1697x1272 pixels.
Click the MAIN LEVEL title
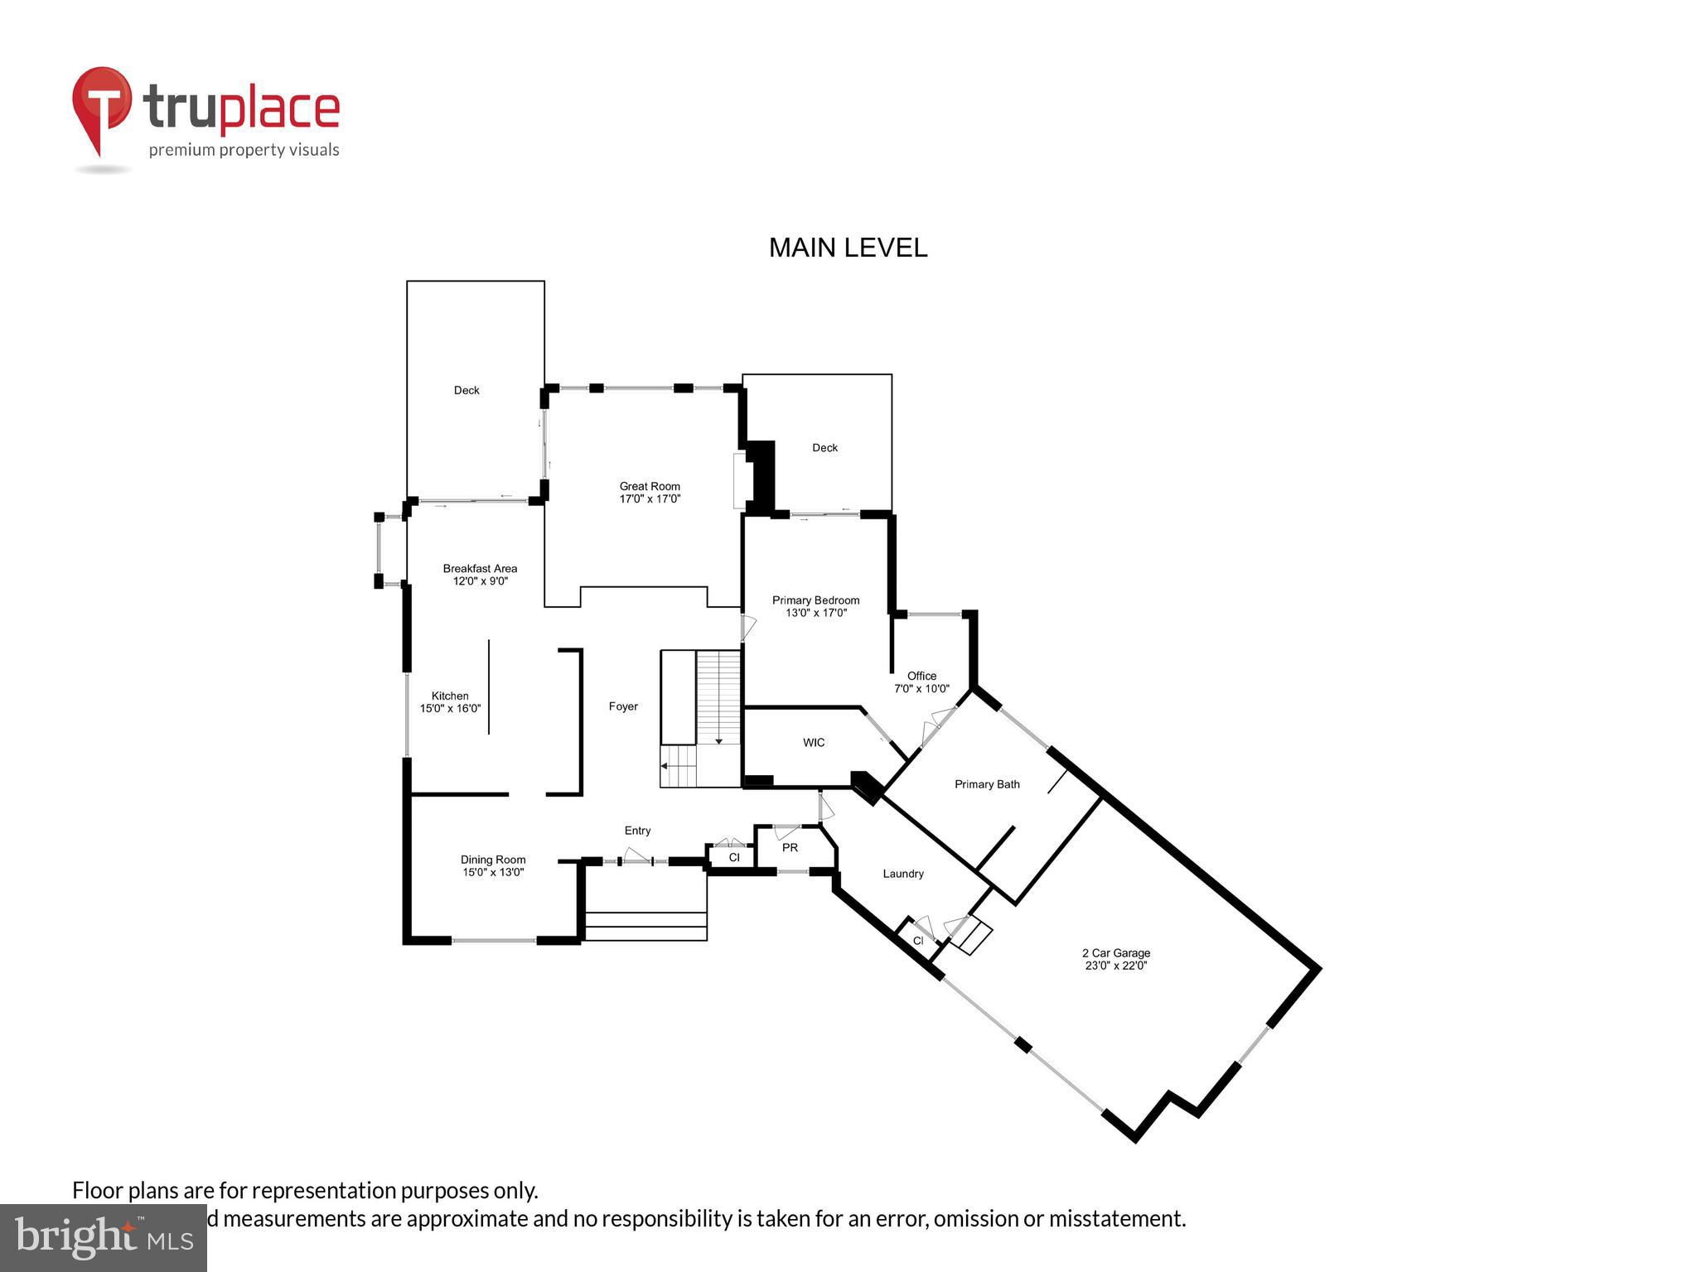[x=848, y=248]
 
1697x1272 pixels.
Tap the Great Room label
[x=650, y=493]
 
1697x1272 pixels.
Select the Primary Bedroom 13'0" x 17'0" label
[x=815, y=606]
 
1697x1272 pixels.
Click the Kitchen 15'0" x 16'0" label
[x=450, y=702]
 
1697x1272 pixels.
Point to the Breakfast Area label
[x=480, y=574]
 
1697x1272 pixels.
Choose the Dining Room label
[x=493, y=865]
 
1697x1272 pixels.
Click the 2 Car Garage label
[x=1116, y=959]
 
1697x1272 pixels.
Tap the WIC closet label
[x=814, y=743]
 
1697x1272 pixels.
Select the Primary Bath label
[x=987, y=784]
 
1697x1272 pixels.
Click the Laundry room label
[x=903, y=874]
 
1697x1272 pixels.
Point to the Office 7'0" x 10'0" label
[x=921, y=682]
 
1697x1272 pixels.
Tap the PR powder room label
[x=790, y=848]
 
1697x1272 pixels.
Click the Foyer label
[x=623, y=706]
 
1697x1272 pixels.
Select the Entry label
[x=637, y=831]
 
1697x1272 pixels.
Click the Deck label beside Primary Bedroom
[x=824, y=448]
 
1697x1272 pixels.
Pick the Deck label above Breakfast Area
[x=467, y=390]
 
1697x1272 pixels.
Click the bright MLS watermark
[x=104, y=1237]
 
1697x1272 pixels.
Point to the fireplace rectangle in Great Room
[x=740, y=480]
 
